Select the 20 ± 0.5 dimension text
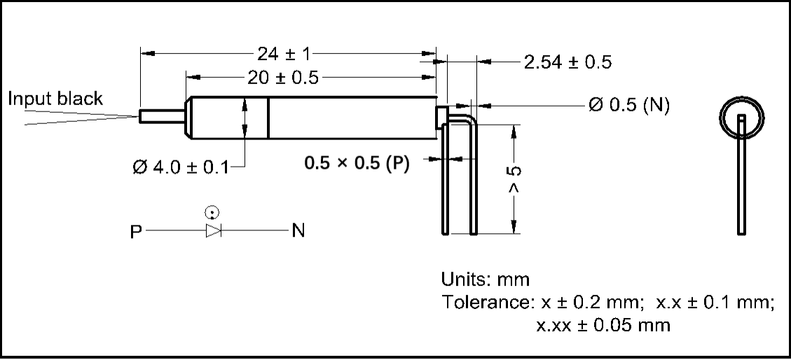click(x=284, y=78)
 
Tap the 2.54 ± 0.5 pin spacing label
click(x=568, y=62)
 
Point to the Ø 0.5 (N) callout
click(x=628, y=106)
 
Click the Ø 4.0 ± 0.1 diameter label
click(x=181, y=167)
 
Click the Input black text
click(x=55, y=99)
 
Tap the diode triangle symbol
click(x=213, y=230)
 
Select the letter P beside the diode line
click(x=135, y=231)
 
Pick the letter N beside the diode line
click(x=298, y=231)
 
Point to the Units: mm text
click(x=486, y=279)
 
